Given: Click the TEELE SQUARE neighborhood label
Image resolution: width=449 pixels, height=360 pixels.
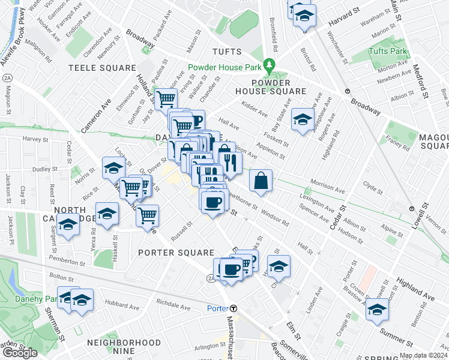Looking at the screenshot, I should coord(102,68).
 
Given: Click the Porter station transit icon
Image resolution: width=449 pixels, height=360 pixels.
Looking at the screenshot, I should coord(234,308).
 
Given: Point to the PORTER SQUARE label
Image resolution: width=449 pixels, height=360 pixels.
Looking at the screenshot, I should coord(176,253).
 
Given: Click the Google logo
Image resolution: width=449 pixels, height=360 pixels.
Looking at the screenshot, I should coord(20,353).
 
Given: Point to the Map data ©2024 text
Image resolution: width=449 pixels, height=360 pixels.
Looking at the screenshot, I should coord(423,355).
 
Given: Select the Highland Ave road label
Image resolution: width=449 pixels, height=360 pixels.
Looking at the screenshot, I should coord(415,290).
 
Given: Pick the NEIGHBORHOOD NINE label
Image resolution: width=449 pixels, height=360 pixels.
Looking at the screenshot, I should coord(124,343).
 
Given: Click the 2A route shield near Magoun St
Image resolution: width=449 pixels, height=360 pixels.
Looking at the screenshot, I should coord(7,77).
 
